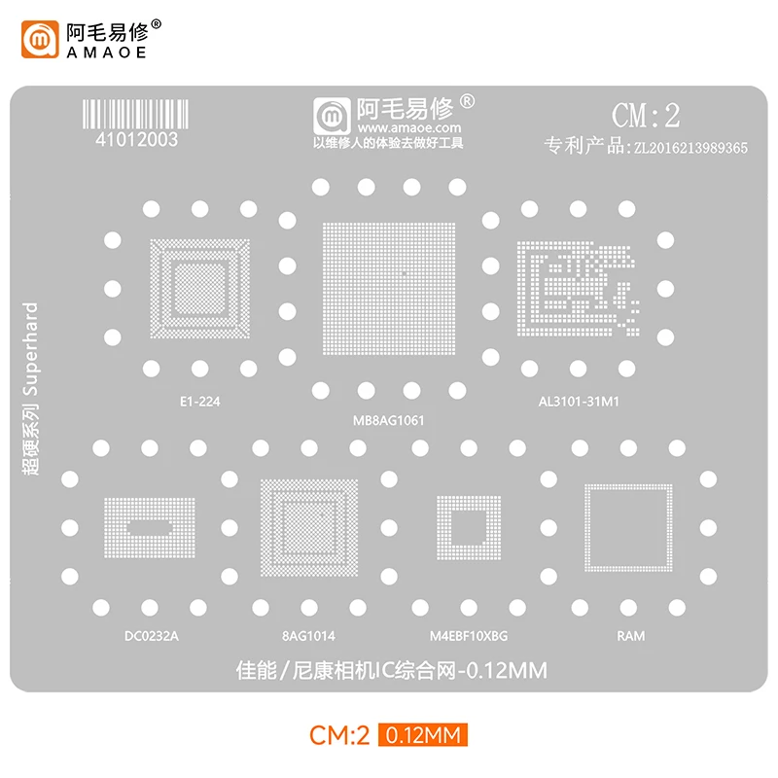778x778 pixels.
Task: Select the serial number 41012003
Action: click(x=136, y=139)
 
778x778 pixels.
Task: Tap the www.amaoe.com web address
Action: click(x=407, y=127)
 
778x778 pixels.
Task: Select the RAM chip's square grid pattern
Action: click(x=628, y=527)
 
